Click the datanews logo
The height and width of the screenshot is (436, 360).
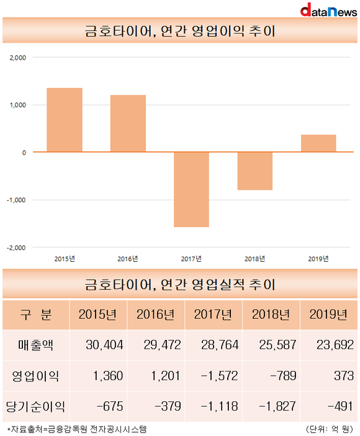(x=328, y=10)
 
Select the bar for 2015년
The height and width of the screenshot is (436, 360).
(x=65, y=120)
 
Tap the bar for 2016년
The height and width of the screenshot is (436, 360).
(x=128, y=123)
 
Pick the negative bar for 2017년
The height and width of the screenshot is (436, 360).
(x=191, y=189)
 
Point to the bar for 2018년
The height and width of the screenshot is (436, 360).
(x=255, y=171)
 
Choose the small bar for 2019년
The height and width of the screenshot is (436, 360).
(x=318, y=143)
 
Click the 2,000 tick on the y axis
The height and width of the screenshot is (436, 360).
(x=18, y=58)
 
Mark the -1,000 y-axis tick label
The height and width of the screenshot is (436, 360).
(x=16, y=200)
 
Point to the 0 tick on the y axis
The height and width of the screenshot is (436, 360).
(x=24, y=153)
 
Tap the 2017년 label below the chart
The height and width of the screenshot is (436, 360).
(x=191, y=259)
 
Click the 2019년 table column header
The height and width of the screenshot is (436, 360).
(x=328, y=315)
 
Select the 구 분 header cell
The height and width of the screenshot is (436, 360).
(x=36, y=315)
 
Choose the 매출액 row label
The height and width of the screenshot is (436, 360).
(x=35, y=345)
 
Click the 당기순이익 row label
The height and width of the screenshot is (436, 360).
(x=35, y=406)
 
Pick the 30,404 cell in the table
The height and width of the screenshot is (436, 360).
(x=104, y=345)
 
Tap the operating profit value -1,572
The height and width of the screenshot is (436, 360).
(x=220, y=376)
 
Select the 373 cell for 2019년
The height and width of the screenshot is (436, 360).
(x=344, y=376)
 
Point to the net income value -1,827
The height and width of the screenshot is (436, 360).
(x=277, y=406)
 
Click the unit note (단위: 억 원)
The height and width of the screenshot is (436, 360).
(x=330, y=429)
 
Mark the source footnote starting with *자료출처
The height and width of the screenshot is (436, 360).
(x=77, y=429)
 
